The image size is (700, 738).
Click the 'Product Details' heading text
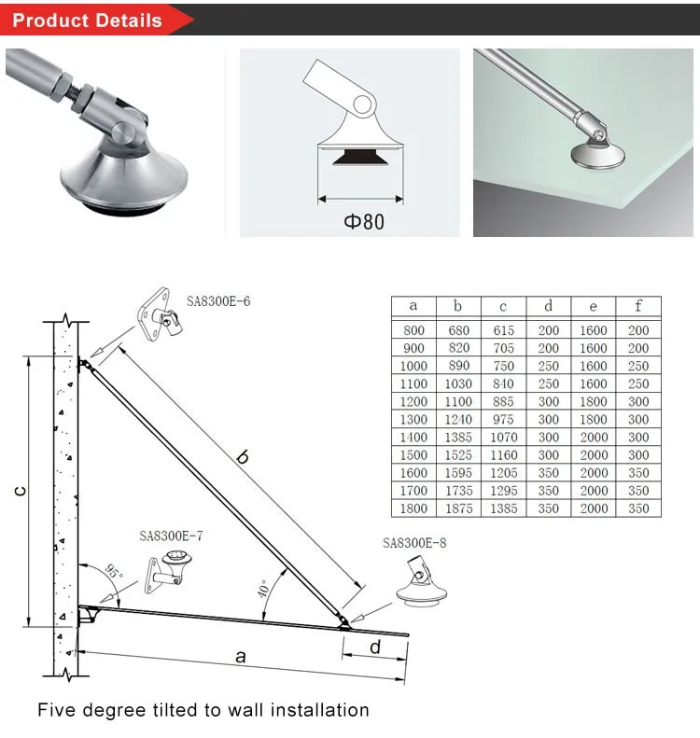pyautogui.click(x=87, y=20)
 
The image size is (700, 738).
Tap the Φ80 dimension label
pyautogui.click(x=359, y=221)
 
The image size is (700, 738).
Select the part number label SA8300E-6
pyautogui.click(x=219, y=301)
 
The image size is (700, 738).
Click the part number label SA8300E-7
pyautogui.click(x=171, y=536)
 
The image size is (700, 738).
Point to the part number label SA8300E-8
pyautogui.click(x=414, y=543)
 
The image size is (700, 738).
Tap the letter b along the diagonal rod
pyautogui.click(x=242, y=457)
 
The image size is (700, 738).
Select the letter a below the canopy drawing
pyautogui.click(x=240, y=657)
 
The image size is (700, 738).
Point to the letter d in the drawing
pyautogui.click(x=374, y=647)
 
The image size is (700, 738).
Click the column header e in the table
pyautogui.click(x=593, y=306)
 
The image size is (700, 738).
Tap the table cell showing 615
pyautogui.click(x=503, y=330)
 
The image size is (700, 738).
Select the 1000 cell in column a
pyautogui.click(x=413, y=366)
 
